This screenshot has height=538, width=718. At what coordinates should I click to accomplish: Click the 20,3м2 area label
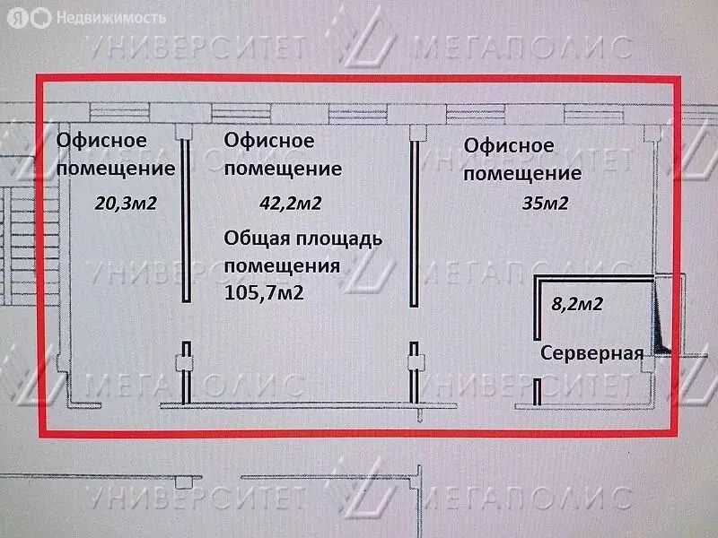(126, 204)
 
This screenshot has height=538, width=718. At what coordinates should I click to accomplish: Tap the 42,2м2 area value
(291, 204)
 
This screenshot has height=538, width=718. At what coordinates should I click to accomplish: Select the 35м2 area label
(546, 204)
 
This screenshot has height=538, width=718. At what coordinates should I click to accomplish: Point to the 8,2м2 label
(577, 304)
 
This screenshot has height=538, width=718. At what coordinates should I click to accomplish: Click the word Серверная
(592, 353)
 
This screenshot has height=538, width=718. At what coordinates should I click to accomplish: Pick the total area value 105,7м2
(264, 293)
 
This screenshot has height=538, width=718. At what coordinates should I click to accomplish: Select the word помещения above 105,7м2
(282, 266)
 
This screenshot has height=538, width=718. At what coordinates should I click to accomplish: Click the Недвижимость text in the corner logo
(111, 18)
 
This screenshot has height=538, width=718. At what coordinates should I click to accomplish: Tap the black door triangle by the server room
(660, 320)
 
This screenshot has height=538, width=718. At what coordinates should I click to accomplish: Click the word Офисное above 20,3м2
(101, 140)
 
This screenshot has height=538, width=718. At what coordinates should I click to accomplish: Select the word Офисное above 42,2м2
(269, 141)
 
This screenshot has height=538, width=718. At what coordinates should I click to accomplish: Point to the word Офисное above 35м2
(509, 145)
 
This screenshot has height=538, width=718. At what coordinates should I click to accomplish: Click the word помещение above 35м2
(522, 174)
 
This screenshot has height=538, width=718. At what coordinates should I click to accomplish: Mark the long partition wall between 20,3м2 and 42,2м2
(186, 221)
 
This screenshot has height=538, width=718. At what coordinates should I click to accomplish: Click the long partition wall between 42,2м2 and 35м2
(414, 223)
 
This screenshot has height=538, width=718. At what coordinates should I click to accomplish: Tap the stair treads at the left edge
(30, 246)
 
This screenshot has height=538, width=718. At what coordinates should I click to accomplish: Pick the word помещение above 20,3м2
(116, 169)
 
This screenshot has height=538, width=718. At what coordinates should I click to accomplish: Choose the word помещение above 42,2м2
(283, 169)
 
